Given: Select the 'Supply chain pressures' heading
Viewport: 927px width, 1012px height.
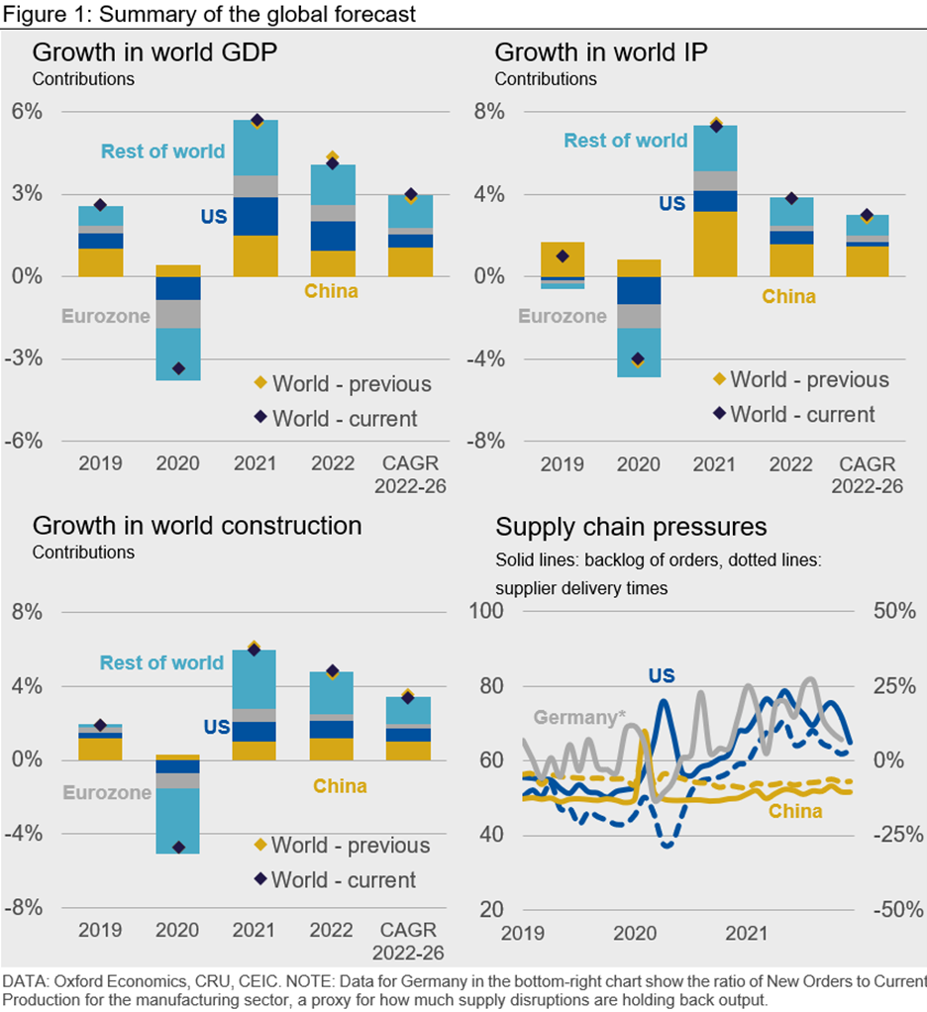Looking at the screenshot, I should [631, 526].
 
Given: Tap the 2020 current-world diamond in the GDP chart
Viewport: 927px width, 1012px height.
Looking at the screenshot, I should [178, 368].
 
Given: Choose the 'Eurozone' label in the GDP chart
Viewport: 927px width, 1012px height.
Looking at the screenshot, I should [106, 317].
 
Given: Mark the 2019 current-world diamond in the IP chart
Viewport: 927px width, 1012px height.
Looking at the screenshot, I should [563, 255].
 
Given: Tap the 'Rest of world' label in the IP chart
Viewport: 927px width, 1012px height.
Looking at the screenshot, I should [625, 141].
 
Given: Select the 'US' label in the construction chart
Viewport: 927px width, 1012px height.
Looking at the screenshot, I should [217, 727].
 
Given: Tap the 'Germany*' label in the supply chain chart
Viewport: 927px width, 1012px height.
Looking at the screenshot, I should [574, 718].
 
